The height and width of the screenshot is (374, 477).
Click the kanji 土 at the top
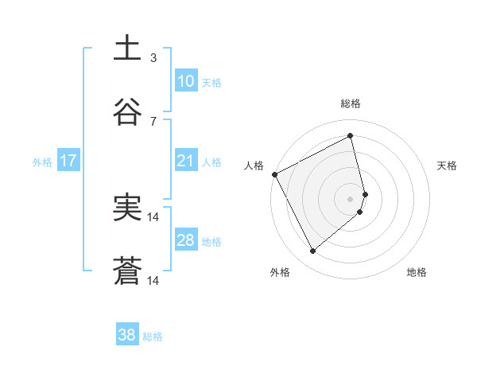click(128, 49)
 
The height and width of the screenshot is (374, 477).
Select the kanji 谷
click(128, 112)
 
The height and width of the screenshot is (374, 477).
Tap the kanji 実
click(128, 208)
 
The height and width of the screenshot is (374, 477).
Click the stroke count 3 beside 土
click(153, 57)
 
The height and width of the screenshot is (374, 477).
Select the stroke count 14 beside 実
click(154, 216)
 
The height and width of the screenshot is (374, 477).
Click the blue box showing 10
click(185, 81)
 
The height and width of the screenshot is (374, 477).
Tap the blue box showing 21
click(185, 161)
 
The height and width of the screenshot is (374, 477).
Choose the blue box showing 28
click(185, 240)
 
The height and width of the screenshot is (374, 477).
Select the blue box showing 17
click(68, 161)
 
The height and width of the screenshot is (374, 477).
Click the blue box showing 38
click(126, 335)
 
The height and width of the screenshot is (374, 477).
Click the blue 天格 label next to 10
click(211, 83)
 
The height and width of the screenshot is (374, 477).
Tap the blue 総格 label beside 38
click(153, 337)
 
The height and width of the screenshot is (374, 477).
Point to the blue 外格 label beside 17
click(42, 162)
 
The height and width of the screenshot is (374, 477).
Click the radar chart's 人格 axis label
click(254, 166)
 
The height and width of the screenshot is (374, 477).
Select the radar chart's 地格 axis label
click(417, 273)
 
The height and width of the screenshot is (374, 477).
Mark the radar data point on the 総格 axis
click(351, 136)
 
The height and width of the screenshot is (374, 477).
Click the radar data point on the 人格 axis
click(274, 174)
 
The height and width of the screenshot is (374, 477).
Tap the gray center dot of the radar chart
click(351, 198)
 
